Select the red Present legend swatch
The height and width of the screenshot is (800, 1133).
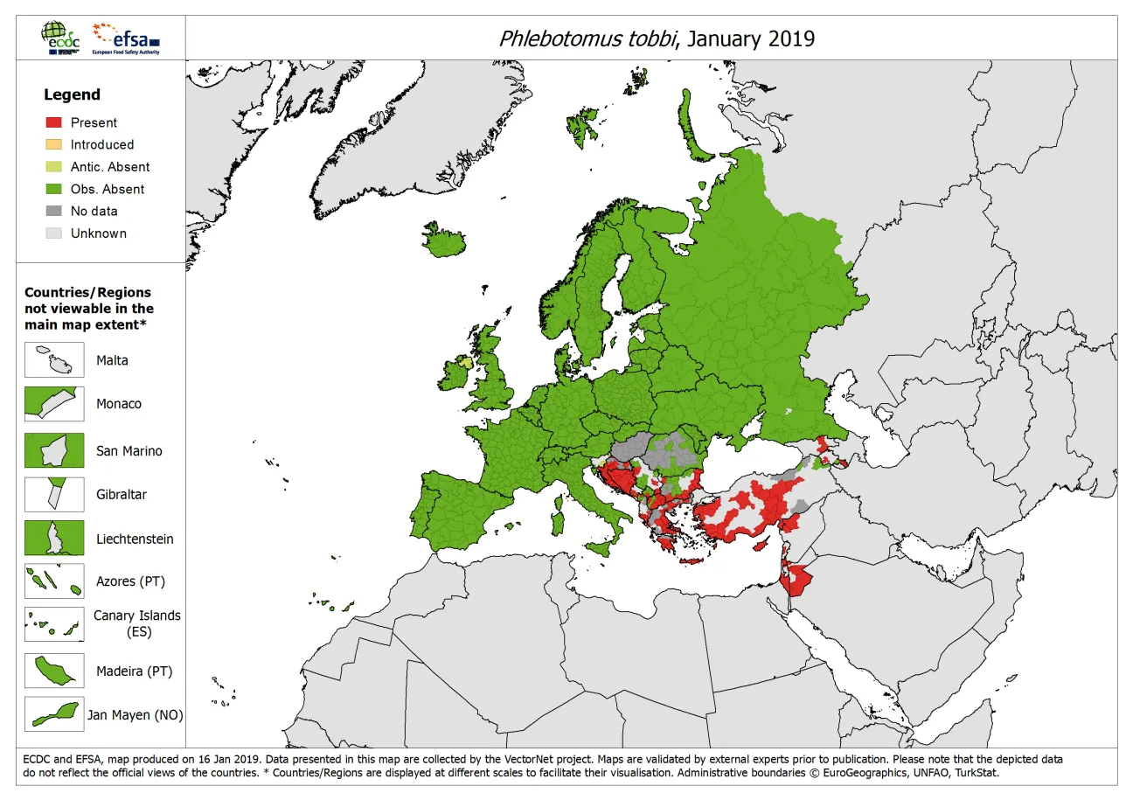coord(53,122)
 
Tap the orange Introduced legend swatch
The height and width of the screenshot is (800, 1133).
coord(53,144)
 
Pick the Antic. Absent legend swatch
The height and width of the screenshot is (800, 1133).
coord(53,167)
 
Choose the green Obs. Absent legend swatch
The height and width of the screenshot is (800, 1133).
coord(53,189)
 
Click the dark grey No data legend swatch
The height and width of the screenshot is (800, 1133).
coord(53,211)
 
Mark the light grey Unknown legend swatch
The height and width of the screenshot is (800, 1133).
coord(53,233)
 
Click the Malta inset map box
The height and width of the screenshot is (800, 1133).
coord(54,360)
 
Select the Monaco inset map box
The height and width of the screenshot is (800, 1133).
coord(54,404)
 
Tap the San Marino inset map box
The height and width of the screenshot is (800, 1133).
coord(54,450)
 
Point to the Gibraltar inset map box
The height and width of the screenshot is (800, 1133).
coord(54,494)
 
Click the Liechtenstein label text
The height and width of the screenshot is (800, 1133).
coord(135,539)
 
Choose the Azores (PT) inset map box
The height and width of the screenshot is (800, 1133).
coord(54,581)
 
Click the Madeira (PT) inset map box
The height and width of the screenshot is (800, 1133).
coord(54,671)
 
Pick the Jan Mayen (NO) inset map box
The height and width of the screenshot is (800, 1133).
coord(54,714)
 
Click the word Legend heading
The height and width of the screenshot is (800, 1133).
coord(73,94)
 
